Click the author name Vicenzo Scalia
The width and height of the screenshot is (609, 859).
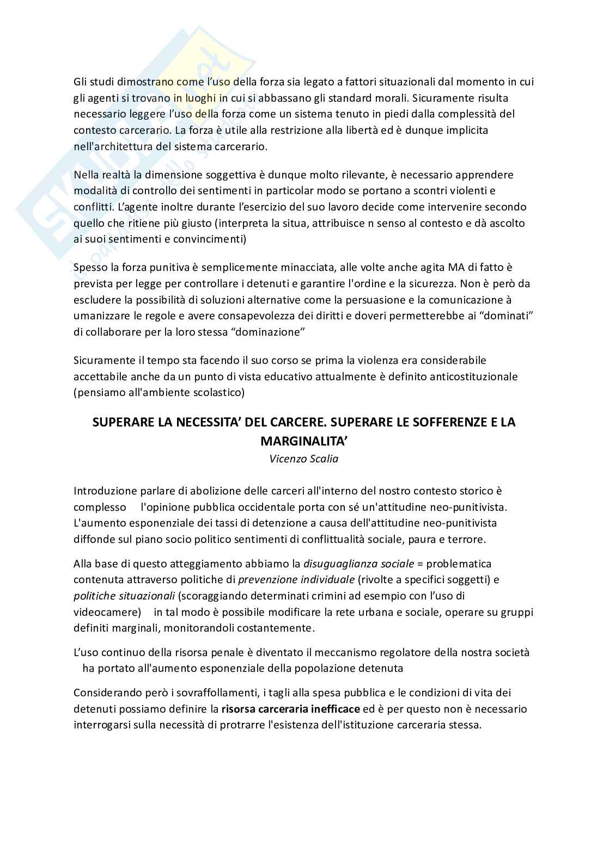click(304, 459)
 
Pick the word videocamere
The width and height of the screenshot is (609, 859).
click(107, 611)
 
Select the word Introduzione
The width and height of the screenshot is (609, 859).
click(103, 491)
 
